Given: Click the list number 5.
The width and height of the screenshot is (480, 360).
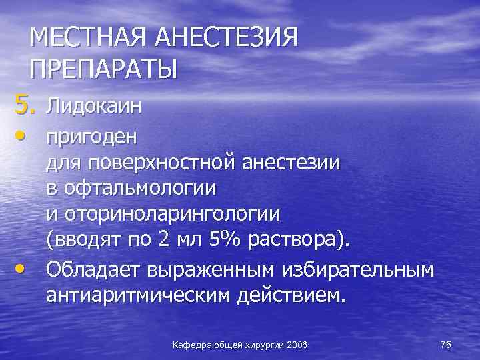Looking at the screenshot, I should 21,104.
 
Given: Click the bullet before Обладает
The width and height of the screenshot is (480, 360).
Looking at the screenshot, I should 22,267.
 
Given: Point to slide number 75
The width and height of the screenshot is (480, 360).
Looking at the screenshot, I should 446,343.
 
